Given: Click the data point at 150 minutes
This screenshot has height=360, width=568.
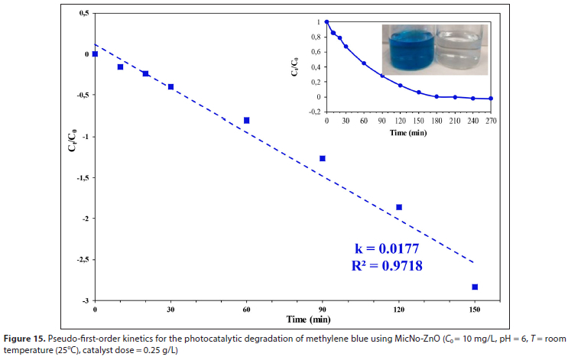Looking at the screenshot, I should [x=475, y=287].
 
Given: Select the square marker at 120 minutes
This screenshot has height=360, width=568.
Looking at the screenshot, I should [x=399, y=207].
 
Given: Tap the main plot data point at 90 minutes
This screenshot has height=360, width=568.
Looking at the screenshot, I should [x=323, y=158].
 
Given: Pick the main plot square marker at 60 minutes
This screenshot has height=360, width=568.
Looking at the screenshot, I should [x=246, y=120].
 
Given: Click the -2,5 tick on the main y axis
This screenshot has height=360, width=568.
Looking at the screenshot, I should [x=83, y=260].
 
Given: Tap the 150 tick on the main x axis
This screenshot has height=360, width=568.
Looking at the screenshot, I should [x=475, y=310].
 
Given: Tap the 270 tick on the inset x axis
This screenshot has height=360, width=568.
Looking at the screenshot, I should [x=489, y=121].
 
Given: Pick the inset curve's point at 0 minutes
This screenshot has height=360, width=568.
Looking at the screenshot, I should [x=326, y=22].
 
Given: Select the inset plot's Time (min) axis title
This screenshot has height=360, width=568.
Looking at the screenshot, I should [x=408, y=131].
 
